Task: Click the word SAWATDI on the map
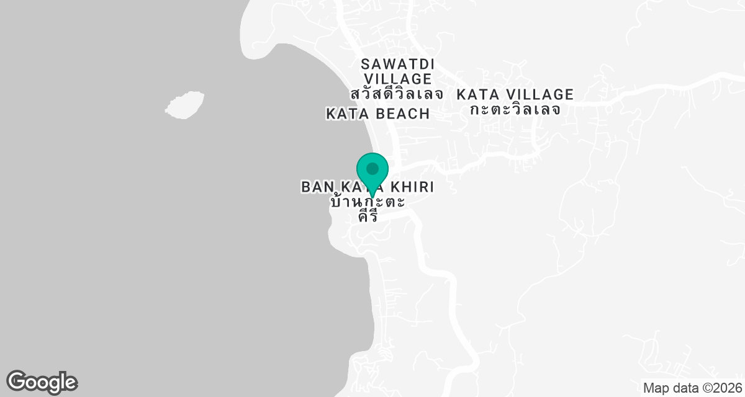click(x=397, y=64)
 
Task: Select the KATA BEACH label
click(x=377, y=114)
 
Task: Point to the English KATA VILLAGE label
click(x=515, y=95)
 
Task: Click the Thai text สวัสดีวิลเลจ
click(x=397, y=94)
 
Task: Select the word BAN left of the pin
click(x=314, y=187)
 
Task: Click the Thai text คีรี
click(x=369, y=216)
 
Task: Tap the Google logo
click(x=42, y=381)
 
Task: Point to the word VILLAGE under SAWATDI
click(x=397, y=79)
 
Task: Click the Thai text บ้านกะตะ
click(x=368, y=202)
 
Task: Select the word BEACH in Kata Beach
click(x=404, y=114)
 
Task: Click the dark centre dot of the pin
click(x=372, y=168)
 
